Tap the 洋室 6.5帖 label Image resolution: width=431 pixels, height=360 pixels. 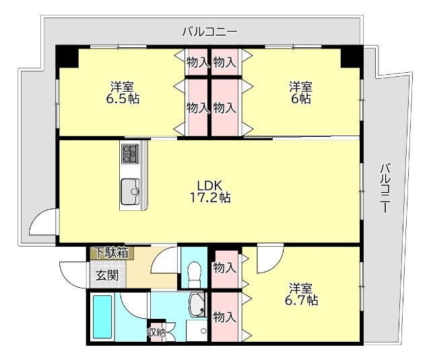coord(122,92)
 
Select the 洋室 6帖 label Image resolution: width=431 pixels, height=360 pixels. coord(300,92)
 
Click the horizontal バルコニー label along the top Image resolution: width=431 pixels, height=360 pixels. coord(209,31)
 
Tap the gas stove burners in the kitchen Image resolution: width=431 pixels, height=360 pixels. coord(129,154)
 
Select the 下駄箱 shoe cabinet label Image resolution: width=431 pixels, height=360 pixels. coord(110,253)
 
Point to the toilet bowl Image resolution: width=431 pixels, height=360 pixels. coord(195,273)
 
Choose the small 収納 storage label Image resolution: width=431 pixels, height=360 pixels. coord(156,332)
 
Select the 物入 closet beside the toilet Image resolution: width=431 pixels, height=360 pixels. coord(224,268)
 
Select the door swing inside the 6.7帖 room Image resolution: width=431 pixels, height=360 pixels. coord(268,257)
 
